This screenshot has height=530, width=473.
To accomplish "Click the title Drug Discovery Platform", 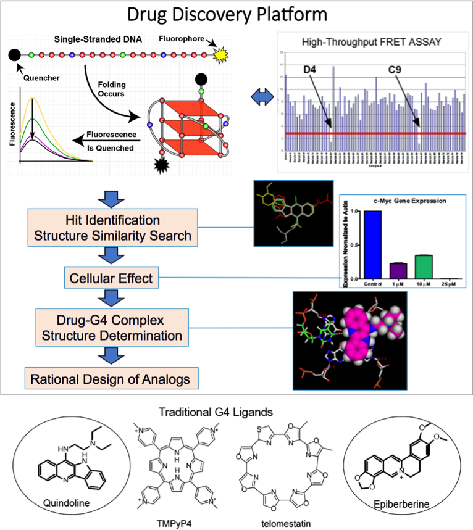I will coord(236,14).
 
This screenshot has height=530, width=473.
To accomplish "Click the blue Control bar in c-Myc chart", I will coord(372,245).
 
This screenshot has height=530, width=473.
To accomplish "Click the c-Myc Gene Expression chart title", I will coord(401,200).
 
